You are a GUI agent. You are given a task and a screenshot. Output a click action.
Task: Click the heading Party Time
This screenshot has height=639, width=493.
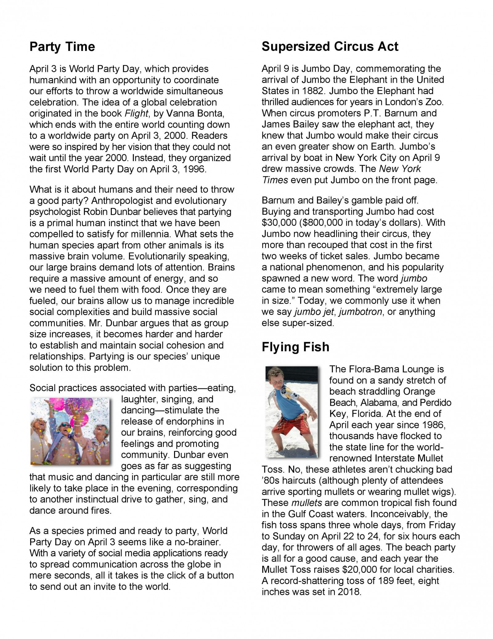(62, 47)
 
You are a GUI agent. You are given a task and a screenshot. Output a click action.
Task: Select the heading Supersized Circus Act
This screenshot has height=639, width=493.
(330, 47)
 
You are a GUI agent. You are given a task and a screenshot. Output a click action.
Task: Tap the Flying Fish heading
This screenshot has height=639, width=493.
(295, 347)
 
